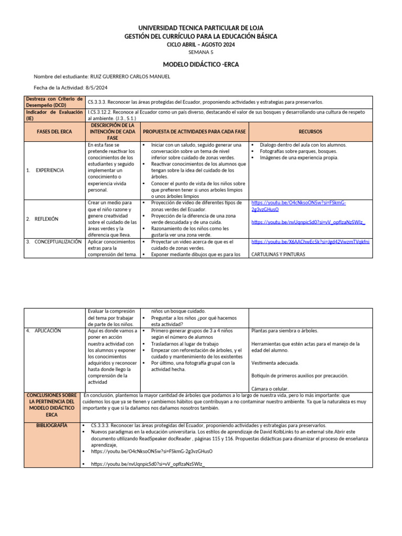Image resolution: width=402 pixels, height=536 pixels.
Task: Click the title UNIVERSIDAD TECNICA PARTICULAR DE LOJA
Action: click(200, 27)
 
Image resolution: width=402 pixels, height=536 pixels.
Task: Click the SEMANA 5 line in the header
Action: click(200, 52)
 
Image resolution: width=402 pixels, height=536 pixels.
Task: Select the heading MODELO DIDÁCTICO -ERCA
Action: click(200, 64)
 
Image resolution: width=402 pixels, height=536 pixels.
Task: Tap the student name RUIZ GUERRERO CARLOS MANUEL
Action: click(130, 76)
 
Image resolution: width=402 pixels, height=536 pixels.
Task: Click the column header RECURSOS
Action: click(310, 131)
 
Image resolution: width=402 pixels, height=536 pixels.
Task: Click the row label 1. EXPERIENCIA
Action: click(46, 170)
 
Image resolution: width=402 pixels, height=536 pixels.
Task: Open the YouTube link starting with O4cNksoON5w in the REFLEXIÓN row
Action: click(298, 205)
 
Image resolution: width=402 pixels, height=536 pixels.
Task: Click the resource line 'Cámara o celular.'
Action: click(270, 388)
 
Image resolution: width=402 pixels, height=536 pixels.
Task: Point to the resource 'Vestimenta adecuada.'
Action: click(275, 363)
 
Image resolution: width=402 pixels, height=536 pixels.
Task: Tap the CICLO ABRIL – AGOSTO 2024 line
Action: click(200, 44)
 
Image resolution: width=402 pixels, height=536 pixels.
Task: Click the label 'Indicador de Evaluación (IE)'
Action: click(54, 115)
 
